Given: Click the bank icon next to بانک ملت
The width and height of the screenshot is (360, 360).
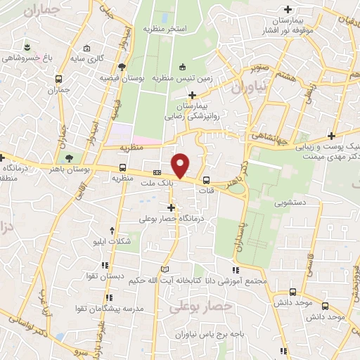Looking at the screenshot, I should point(157,172).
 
